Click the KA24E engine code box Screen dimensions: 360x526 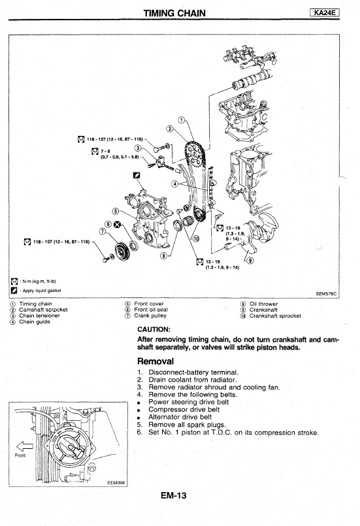[325, 13]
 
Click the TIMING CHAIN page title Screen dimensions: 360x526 [174, 13]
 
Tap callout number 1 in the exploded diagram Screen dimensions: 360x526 [181, 120]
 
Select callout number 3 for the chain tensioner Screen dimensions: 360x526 [138, 148]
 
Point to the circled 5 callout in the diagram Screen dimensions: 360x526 [116, 211]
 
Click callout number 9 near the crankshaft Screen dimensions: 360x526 [250, 260]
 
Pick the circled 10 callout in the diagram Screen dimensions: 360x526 [195, 238]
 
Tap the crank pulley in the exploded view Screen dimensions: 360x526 [122, 251]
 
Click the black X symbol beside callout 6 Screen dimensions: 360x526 [117, 224]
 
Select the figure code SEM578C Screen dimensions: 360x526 [326, 293]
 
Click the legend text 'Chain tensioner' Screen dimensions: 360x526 [39, 316]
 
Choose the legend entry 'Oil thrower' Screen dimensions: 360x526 [263, 304]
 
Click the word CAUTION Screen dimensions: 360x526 [154, 329]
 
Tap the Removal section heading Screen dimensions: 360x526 [155, 361]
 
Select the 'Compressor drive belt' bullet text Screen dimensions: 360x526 [184, 410]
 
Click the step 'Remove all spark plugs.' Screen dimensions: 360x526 [188, 425]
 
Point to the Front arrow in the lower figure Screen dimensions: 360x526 [24, 446]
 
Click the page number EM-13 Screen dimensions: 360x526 [173, 495]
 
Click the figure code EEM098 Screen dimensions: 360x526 [116, 483]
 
